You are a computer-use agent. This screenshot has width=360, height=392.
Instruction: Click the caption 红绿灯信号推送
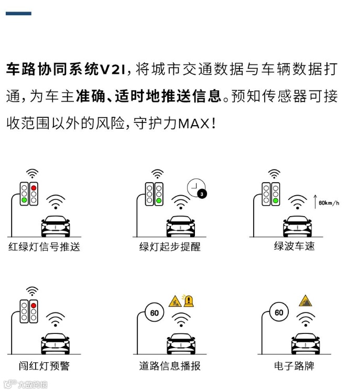tap(44, 247)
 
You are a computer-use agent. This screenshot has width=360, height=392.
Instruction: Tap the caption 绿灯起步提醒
tap(170, 247)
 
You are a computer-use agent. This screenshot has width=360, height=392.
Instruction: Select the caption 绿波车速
tap(294, 246)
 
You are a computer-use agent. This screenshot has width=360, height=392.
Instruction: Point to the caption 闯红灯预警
tap(44, 366)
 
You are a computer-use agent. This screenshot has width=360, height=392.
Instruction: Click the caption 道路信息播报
tap(170, 366)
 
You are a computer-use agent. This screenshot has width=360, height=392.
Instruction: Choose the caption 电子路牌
tap(294, 366)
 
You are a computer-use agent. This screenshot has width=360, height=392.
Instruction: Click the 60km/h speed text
tap(329, 203)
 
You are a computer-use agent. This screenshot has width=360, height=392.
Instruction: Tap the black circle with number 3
tap(202, 194)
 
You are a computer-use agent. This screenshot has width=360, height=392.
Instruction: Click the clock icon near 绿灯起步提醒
tap(196, 187)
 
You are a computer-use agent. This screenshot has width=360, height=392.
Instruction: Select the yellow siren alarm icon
tap(189, 300)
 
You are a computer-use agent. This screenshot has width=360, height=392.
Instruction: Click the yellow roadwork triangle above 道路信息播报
tap(175, 301)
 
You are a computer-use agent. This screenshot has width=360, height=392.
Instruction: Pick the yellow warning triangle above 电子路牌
tap(306, 301)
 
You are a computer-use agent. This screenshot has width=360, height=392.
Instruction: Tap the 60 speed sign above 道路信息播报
tap(155, 313)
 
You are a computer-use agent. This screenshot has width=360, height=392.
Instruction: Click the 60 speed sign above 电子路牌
tap(279, 312)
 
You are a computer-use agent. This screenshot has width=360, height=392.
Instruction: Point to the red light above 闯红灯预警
tap(34, 306)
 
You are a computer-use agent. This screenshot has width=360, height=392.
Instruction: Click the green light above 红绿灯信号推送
tap(24, 200)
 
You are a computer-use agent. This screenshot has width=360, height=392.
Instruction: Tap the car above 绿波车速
tap(298, 226)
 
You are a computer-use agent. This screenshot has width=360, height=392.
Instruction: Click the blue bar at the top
tap(18, 13)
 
